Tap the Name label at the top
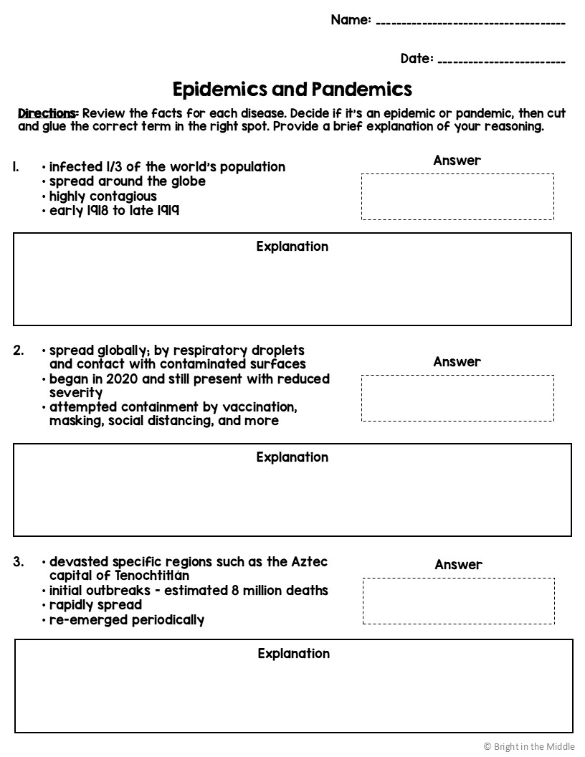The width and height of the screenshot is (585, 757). click(351, 20)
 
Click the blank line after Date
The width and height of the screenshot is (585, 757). click(501, 60)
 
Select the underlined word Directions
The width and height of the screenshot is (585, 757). click(47, 113)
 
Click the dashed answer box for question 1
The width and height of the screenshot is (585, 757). click(457, 196)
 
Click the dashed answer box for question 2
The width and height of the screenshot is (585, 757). click(457, 398)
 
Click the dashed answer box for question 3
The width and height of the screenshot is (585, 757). click(458, 601)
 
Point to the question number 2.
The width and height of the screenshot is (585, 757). click(18, 351)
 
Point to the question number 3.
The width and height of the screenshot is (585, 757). click(18, 562)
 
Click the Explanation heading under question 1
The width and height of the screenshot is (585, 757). click(292, 247)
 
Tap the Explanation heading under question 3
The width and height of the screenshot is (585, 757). click(294, 654)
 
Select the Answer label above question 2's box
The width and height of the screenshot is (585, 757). click(457, 362)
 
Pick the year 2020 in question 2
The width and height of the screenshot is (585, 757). click(120, 378)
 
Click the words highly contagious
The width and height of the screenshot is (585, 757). click(103, 196)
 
